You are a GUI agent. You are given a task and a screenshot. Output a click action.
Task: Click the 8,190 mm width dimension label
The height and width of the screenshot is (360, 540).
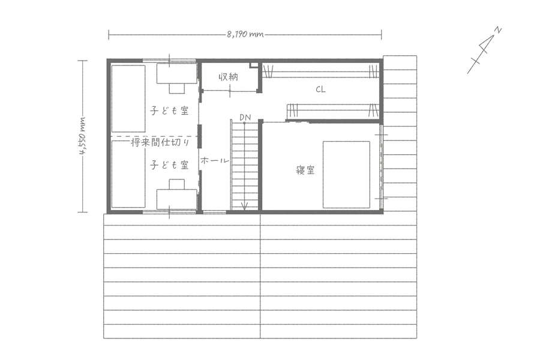pos(245,34)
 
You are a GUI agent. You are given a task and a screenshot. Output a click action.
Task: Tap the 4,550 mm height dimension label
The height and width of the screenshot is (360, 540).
pos(83,136)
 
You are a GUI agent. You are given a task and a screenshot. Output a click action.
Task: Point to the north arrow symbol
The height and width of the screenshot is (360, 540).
pos(484,50)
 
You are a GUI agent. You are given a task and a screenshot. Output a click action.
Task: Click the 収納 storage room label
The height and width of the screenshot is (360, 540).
pos(229,76)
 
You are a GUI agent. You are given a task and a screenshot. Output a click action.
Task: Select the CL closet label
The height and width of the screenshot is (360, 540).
pos(320,89)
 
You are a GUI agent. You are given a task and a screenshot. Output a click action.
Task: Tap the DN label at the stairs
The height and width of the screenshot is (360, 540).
pos(245,118)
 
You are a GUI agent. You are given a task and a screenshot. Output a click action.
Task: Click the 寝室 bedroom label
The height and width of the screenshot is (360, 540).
pos(305,170)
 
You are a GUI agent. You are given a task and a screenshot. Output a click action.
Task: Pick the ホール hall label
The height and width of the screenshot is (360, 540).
pos(214,161)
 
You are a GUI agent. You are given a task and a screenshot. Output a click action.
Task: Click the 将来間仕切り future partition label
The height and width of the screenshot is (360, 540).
pos(160,142)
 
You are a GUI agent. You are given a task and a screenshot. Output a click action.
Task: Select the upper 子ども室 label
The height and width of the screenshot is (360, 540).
pos(169,110)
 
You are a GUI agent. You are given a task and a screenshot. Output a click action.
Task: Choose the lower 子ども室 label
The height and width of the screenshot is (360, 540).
pos(169,165)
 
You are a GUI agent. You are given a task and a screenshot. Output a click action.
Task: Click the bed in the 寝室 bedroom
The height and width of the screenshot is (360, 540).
pos(346,175)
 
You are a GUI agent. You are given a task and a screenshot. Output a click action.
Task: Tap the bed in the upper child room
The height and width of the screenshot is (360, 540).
pos(128,98)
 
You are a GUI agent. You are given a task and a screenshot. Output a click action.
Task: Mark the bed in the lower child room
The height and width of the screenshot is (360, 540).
pos(128,175)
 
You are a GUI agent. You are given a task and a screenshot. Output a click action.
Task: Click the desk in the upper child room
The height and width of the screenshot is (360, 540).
pos(176,73)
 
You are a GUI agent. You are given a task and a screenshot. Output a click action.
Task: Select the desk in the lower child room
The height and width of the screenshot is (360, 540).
pos(176,199)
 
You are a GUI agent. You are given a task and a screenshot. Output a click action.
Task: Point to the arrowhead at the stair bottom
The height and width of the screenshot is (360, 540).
pos(245,206)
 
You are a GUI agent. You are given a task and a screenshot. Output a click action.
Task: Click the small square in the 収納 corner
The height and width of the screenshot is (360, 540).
pos(253,65)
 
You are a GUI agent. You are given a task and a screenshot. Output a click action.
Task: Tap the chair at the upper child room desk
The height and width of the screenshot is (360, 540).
pos(176,89)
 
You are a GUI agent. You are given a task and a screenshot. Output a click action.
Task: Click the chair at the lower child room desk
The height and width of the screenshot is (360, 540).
pos(176,184)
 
